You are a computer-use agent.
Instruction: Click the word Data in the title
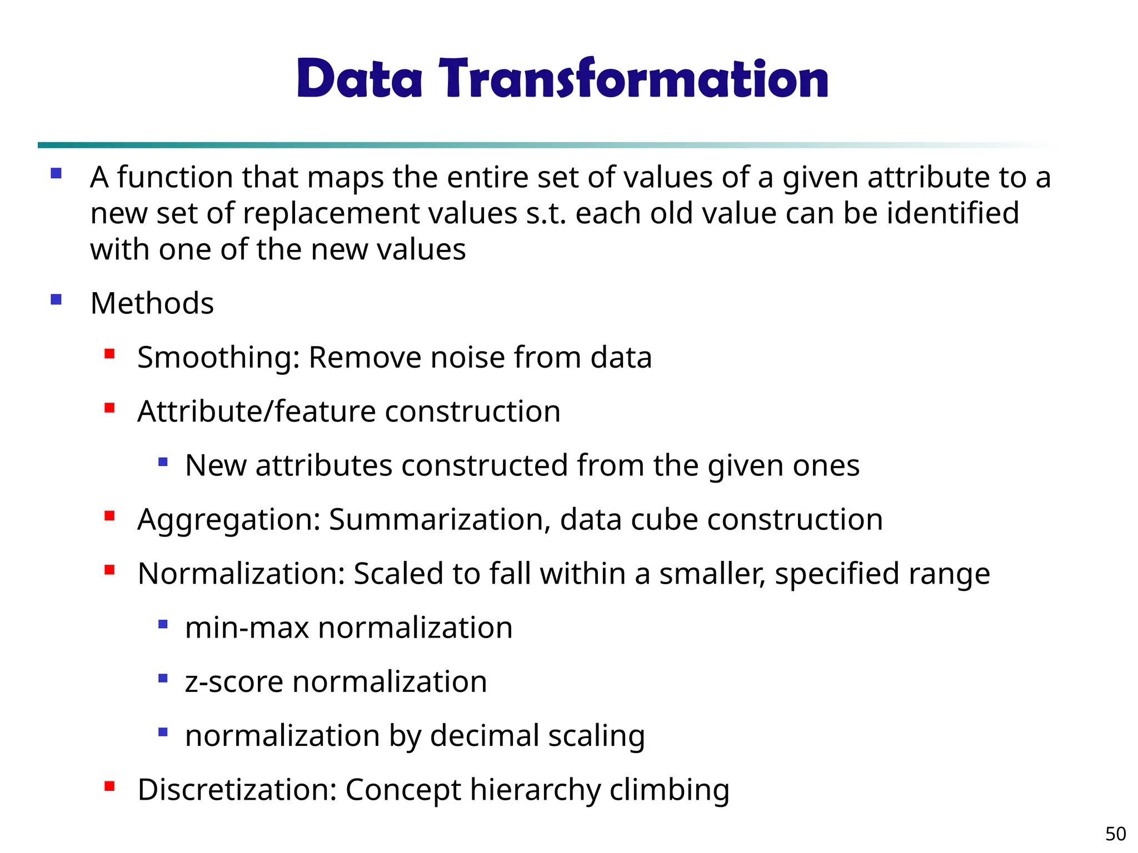coord(360,79)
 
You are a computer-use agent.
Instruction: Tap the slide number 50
coord(1115,834)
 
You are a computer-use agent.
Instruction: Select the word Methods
coord(152,303)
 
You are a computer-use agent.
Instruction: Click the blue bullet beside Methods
coord(56,300)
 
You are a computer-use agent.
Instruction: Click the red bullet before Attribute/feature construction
coord(109,408)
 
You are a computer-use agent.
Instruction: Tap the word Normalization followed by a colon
coord(241,574)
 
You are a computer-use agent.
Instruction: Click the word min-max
coord(247,628)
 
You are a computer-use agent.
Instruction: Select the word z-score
coord(234,682)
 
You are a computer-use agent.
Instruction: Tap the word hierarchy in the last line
coord(535,790)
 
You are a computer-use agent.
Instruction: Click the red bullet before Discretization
coord(109,786)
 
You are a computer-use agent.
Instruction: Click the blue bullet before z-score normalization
coord(163,678)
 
